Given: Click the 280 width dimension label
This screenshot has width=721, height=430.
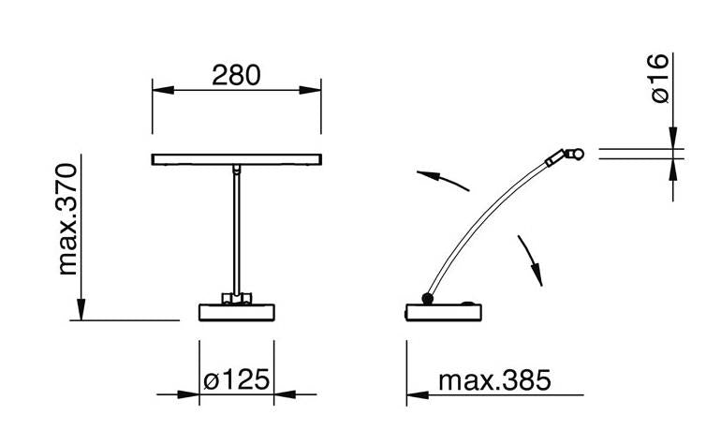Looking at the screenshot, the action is tap(236, 75).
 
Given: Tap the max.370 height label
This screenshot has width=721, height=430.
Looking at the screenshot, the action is tap(67, 219).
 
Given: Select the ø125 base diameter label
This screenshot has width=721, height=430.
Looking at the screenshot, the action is tap(236, 379).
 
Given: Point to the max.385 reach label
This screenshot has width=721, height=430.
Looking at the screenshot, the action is tap(494, 380).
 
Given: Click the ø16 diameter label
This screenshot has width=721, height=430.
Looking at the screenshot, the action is tap(658, 79).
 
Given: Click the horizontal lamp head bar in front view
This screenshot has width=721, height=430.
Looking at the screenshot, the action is tap(236, 159).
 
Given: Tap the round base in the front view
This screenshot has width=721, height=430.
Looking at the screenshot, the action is tap(236, 312).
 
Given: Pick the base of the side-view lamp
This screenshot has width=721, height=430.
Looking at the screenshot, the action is tap(444, 312).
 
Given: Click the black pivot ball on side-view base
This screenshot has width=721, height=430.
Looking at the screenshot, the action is tap(428, 299).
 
